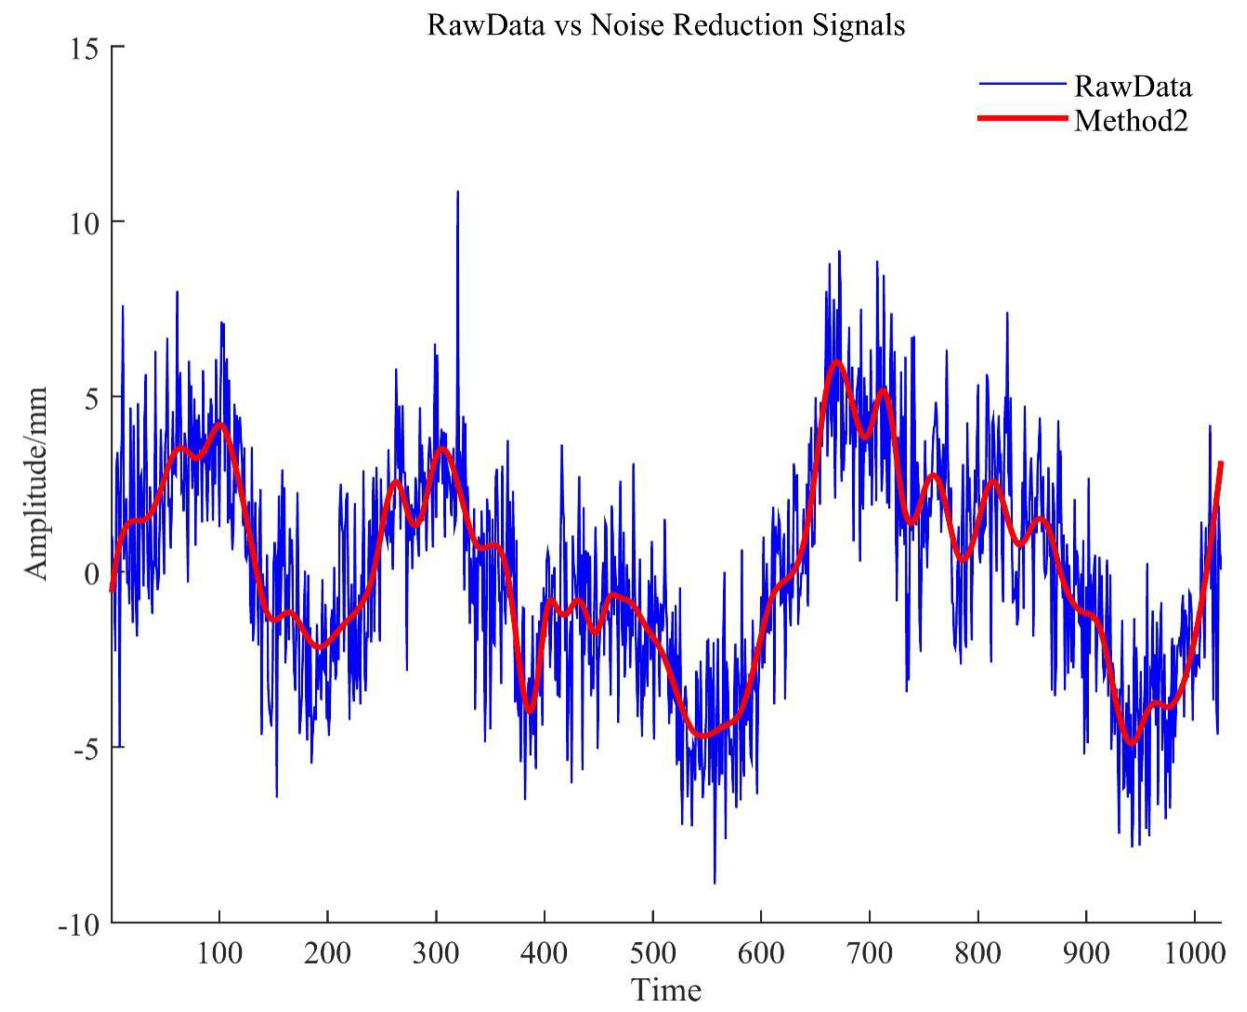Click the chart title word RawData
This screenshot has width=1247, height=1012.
[486, 25]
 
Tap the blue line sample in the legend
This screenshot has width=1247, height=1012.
[1023, 84]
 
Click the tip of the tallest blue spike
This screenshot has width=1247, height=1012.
[458, 192]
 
